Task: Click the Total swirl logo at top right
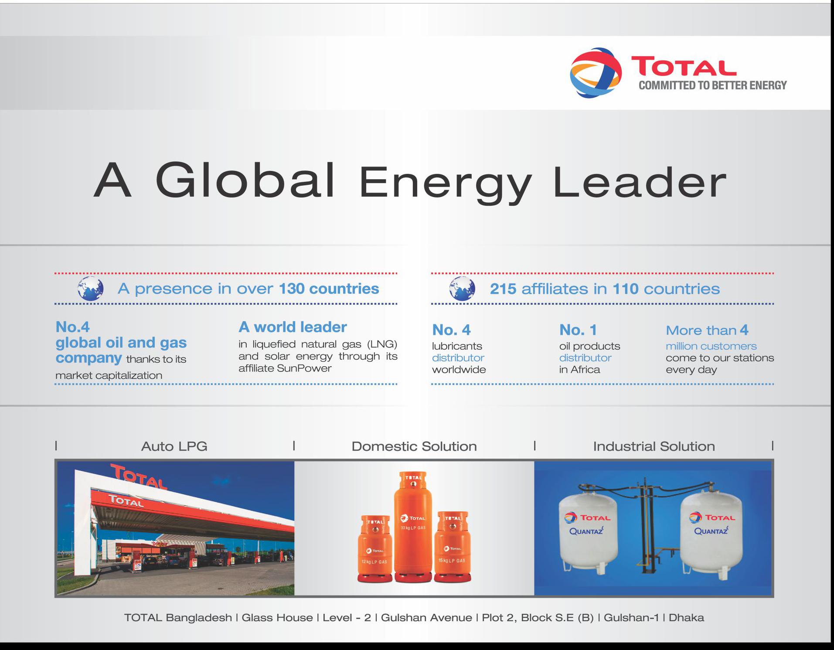tap(596, 72)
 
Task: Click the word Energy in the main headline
tap(445, 184)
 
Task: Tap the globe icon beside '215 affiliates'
tap(462, 289)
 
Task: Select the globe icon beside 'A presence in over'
tap(91, 289)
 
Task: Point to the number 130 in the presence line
tap(292, 289)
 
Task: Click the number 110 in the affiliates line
tap(626, 289)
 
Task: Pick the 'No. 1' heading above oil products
tap(578, 330)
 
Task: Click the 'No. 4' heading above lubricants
tap(451, 330)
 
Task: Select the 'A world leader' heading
tap(293, 327)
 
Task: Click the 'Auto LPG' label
tap(174, 446)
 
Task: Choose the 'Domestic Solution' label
tap(414, 446)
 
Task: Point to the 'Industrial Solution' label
tap(654, 446)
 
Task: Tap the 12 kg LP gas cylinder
tap(374, 549)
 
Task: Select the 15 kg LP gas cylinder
tap(453, 547)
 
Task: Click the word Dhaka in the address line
tap(686, 618)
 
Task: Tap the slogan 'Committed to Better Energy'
tap(713, 85)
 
